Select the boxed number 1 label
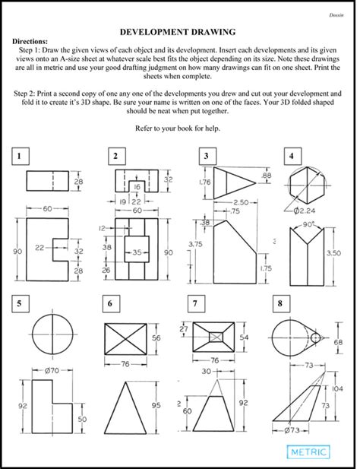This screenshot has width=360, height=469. coord(21,156)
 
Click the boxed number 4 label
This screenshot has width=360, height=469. coord(291,156)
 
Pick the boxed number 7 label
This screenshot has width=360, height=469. coord(196,304)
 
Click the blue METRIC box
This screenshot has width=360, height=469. coord(310,452)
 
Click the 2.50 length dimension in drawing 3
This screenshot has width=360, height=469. coord(241,201)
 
